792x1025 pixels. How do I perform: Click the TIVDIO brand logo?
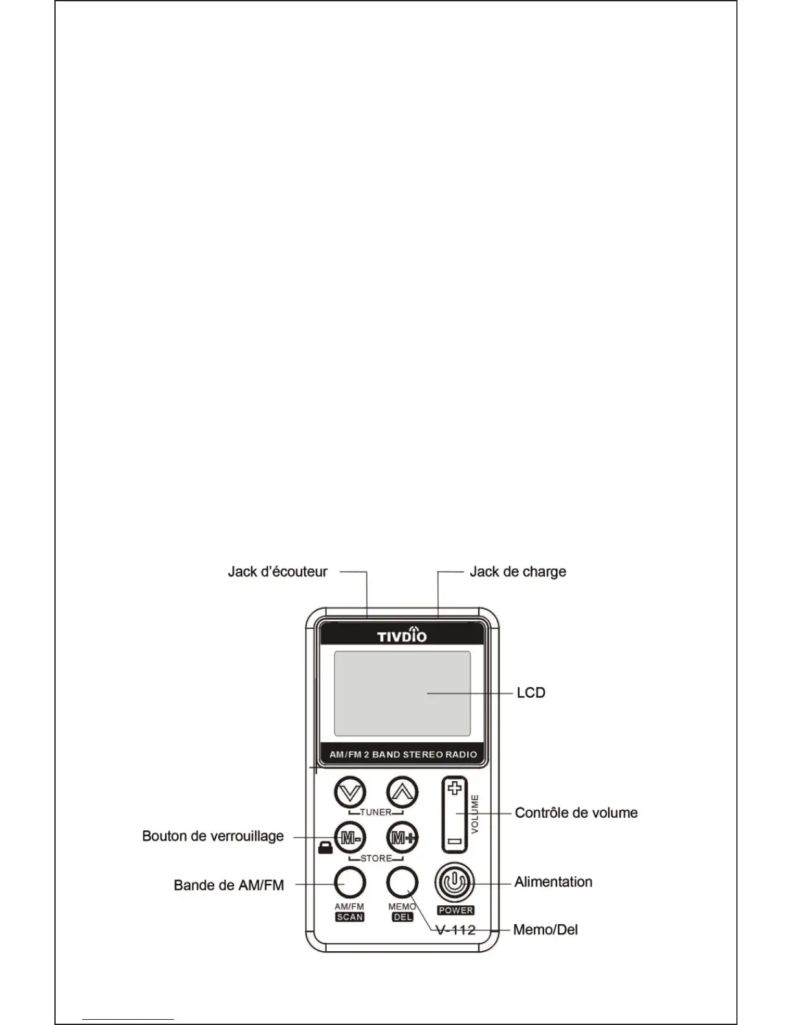402,635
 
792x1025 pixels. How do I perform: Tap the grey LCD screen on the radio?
402,693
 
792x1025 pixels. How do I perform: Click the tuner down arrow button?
350,792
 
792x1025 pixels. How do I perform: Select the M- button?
350,838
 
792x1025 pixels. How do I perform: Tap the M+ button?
402,838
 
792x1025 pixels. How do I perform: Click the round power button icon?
456,883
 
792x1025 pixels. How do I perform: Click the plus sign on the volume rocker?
455,789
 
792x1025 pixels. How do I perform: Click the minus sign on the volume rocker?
455,842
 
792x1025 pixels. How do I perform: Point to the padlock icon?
325,848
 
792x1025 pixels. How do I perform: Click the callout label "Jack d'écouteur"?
278,572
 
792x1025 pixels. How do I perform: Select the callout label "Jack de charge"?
518,572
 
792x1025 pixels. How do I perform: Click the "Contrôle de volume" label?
576,813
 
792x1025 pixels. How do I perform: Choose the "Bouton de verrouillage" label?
213,836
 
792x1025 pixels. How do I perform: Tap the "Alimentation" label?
553,882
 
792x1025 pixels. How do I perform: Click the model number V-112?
456,931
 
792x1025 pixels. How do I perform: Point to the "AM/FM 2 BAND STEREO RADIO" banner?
403,755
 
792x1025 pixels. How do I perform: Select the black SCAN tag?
349,917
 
